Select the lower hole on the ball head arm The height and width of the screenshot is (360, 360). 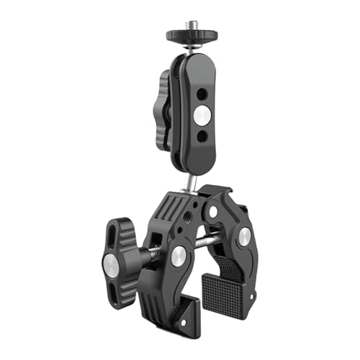point(202,135)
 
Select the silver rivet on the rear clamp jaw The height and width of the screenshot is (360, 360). point(245,235)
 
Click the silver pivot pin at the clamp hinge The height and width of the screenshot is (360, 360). point(213,212)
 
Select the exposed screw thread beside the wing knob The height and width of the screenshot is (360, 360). point(153,253)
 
